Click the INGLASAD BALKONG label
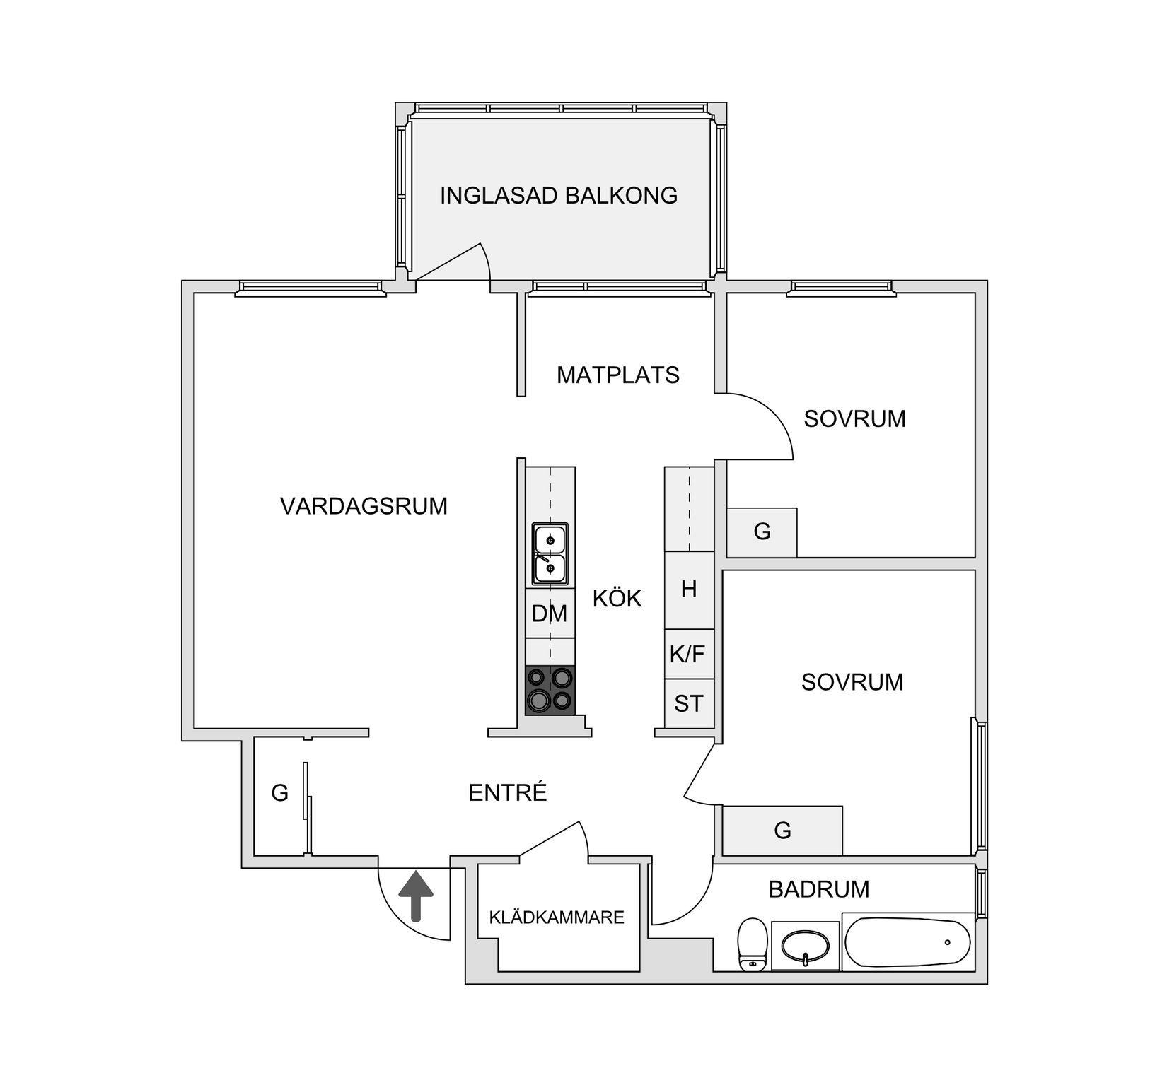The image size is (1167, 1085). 559,195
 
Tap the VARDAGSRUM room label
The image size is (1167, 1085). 364,506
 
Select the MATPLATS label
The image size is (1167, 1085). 617,375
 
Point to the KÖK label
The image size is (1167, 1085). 617,599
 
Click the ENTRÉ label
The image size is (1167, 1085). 508,793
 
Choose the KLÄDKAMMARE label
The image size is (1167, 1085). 557,917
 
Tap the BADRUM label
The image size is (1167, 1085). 818,889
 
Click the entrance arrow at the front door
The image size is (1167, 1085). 415,894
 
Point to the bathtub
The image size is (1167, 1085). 907,942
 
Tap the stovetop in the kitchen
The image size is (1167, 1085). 550,690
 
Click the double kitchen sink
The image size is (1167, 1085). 550,554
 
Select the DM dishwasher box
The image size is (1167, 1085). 550,614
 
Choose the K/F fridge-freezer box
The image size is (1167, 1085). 688,655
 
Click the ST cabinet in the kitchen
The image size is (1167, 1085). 688,704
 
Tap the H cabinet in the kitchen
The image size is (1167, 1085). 688,590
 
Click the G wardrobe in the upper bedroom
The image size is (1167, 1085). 762,532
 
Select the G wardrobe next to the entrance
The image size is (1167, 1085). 280,794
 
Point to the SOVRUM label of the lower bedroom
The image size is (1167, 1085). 852,682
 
